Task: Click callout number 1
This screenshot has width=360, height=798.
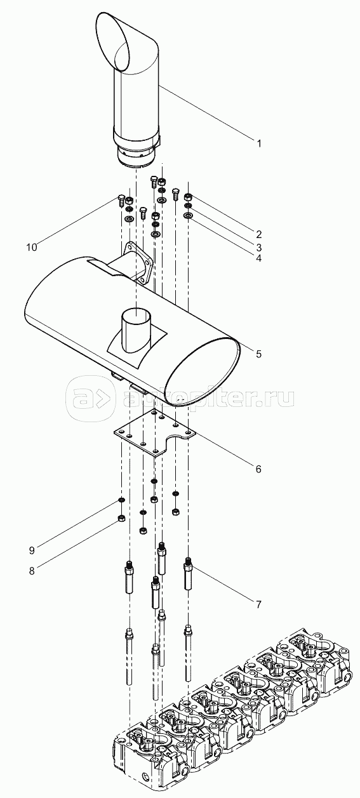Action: (259, 143)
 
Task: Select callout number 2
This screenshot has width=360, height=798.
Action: (259, 234)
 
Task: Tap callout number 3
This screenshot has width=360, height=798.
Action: (259, 246)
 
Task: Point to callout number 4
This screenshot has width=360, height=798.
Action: (259, 258)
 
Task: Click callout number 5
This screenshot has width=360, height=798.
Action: (259, 354)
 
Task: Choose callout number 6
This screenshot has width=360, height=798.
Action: (258, 469)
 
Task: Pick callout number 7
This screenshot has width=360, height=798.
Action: (259, 604)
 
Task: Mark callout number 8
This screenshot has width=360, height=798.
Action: (32, 571)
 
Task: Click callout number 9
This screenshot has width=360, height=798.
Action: (32, 550)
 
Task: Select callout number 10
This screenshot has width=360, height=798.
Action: (32, 247)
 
